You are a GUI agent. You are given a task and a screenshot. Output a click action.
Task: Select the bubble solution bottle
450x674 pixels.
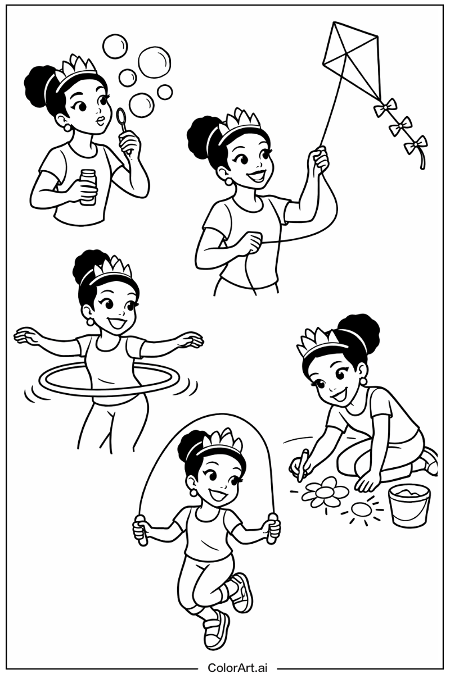(x=87, y=187)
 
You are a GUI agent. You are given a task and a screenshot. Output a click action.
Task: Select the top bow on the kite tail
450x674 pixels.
(x=385, y=107)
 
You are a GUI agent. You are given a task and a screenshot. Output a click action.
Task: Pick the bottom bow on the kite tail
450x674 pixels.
(x=416, y=145)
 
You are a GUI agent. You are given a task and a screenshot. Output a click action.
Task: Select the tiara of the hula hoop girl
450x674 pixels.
(x=111, y=270)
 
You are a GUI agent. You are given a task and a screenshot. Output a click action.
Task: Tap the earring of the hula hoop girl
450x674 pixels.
(x=90, y=322)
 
